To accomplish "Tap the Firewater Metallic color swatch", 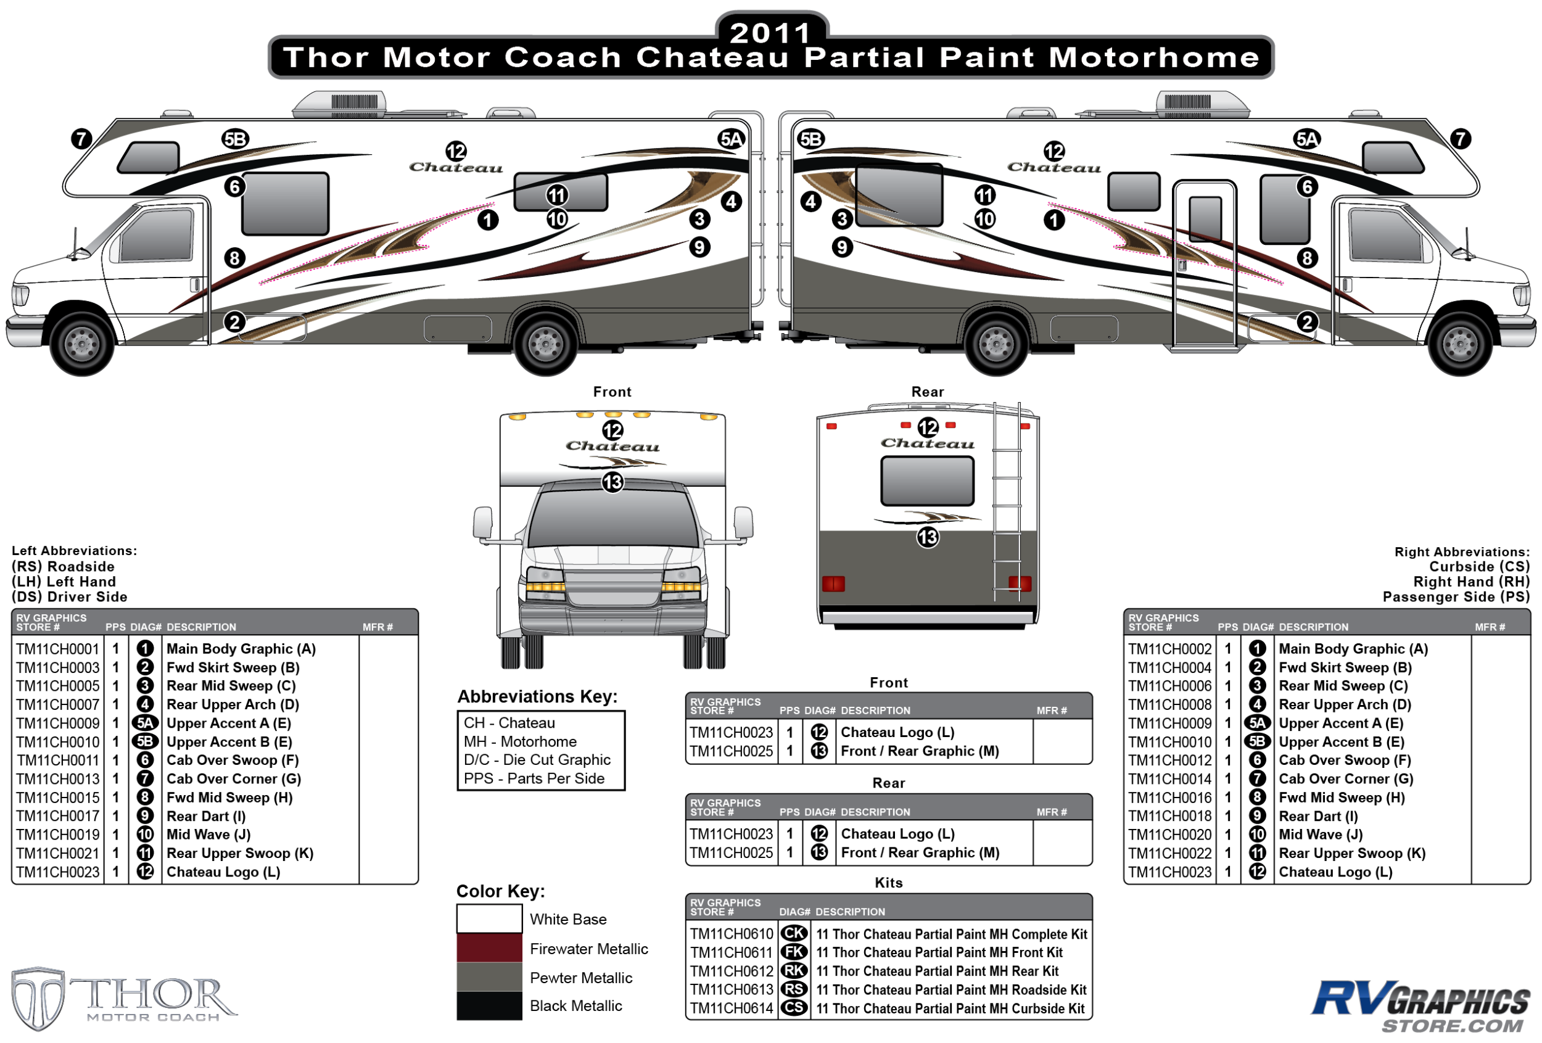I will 489,947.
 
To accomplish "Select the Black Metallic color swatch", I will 489,1005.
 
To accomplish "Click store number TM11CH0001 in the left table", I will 58,648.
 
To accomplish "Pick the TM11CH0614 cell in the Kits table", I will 731,1008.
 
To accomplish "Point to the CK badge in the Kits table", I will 794,933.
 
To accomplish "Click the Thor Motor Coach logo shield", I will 38,998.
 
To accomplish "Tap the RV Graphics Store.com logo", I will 1420,1005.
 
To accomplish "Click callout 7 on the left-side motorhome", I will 81,139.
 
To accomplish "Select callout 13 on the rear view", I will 928,537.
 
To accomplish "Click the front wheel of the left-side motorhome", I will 81,344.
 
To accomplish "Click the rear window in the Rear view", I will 927,480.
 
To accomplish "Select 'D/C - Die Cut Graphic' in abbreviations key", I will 537,760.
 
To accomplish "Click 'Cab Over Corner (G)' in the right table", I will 1346,778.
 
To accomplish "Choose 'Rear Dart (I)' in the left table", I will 205,815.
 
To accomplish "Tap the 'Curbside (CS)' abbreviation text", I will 1479,566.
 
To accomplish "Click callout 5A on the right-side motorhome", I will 1306,139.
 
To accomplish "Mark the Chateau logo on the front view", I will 612,447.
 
